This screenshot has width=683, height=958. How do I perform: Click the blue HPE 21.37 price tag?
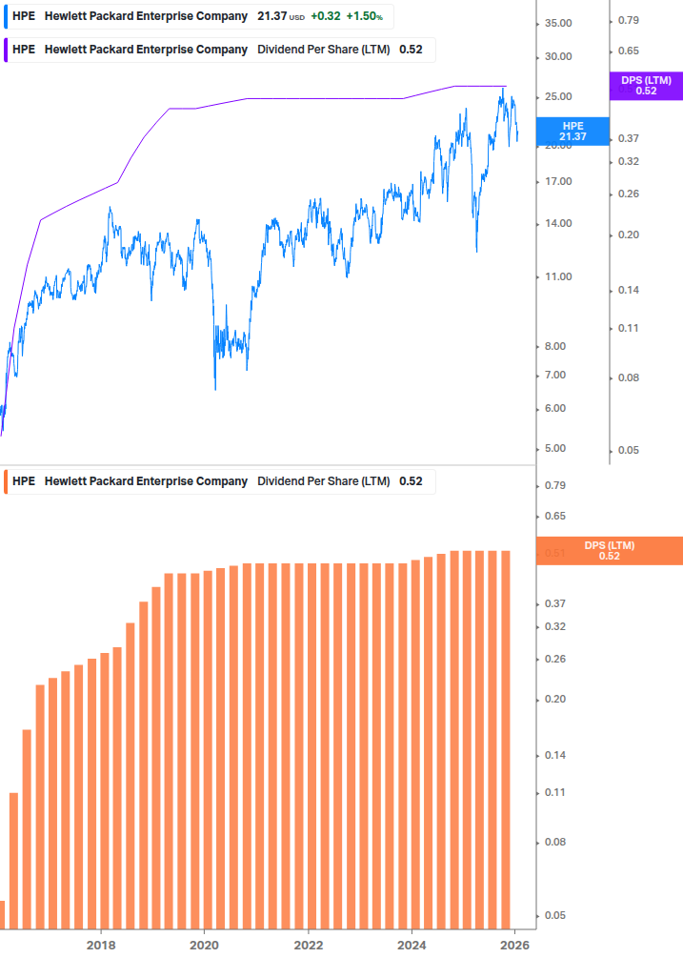[573, 132]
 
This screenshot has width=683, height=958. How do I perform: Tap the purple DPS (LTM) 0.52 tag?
[646, 86]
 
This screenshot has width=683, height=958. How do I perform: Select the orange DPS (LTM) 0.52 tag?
[609, 551]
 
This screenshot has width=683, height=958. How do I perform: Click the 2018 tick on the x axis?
[101, 945]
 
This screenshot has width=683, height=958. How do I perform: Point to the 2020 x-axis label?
[204, 945]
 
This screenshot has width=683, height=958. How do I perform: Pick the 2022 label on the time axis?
[308, 945]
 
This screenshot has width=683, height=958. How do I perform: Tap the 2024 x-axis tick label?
[412, 945]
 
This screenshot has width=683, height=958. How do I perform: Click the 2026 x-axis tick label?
[514, 945]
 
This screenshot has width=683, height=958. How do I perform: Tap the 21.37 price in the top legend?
[271, 16]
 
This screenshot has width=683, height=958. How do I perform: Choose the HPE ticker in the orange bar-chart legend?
[24, 481]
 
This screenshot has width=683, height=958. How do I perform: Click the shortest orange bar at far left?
[2, 914]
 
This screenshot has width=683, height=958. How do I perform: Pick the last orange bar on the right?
[506, 739]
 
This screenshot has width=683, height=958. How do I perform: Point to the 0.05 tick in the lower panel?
[553, 915]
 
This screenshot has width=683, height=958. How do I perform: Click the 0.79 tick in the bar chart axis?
[553, 486]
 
